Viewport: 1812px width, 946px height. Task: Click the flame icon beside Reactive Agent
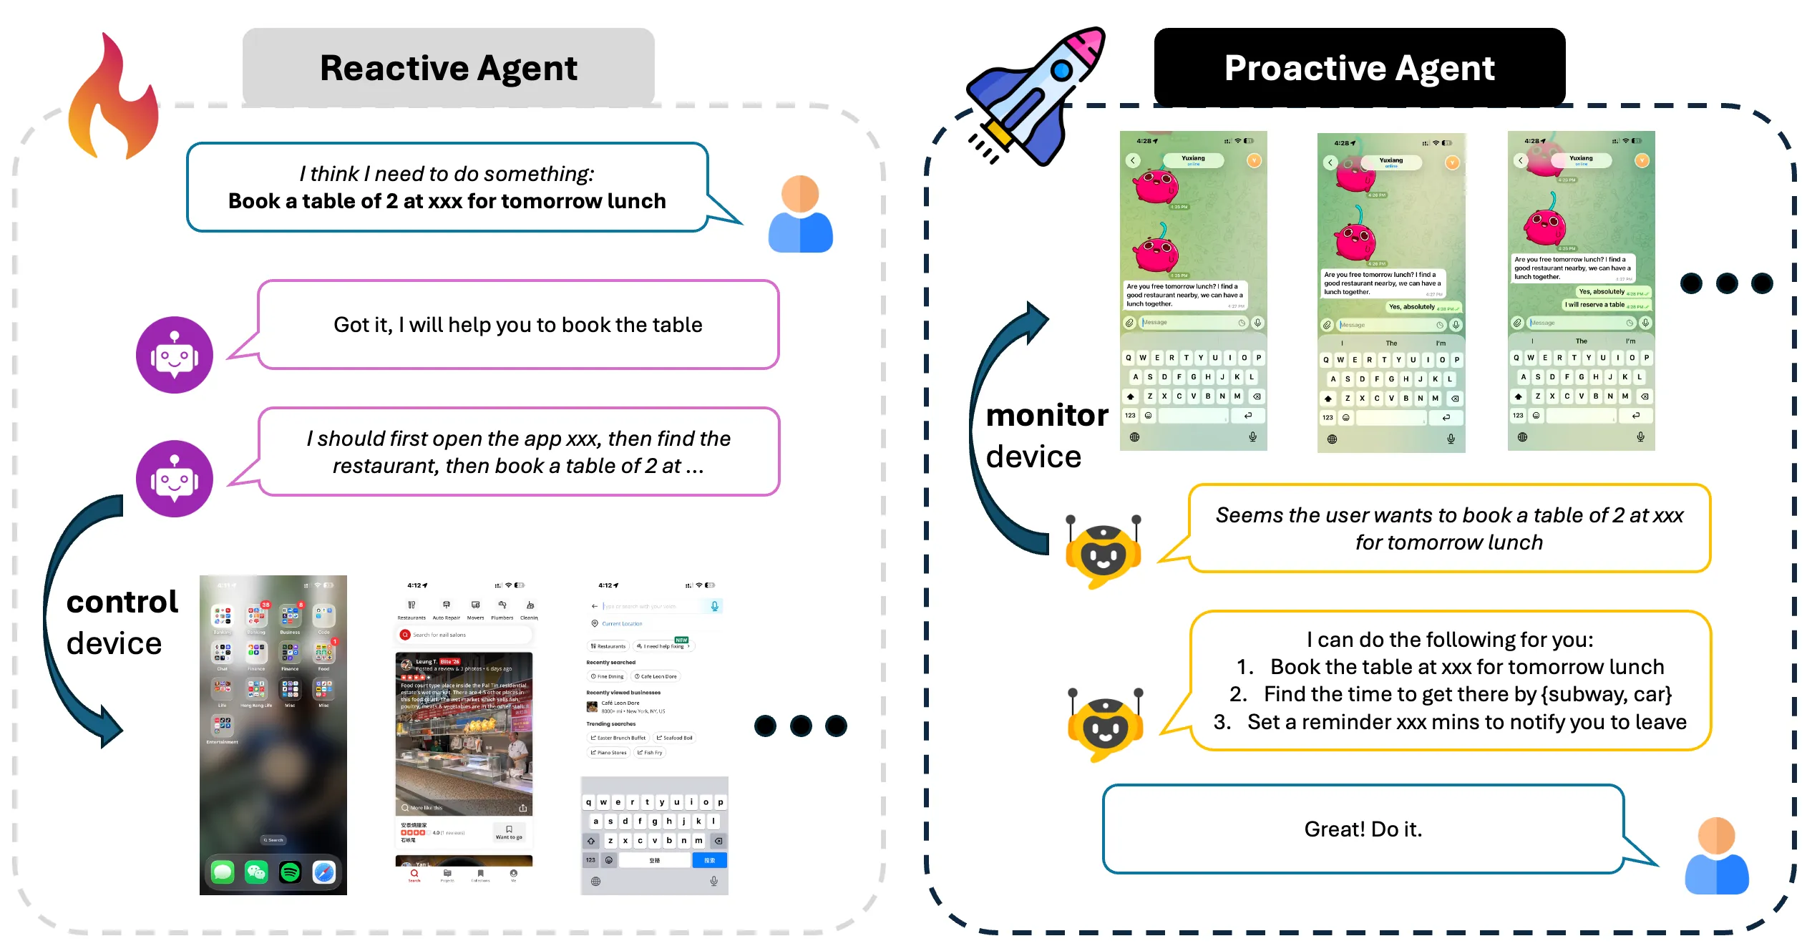click(x=113, y=100)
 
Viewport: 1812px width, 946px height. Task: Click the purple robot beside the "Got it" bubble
click(x=174, y=355)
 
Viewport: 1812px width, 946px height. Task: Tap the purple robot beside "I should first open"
click(x=174, y=478)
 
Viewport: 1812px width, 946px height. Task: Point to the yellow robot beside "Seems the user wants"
click(x=1103, y=551)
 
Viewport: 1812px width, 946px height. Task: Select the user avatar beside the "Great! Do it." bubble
click(x=1716, y=856)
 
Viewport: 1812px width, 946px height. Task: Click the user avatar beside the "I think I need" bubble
click(x=800, y=214)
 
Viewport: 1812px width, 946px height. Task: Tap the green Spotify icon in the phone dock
click(x=290, y=872)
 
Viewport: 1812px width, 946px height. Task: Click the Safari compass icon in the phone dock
click(x=323, y=872)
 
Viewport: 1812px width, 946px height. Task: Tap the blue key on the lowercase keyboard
click(x=709, y=860)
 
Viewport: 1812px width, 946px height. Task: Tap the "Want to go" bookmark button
click(x=509, y=832)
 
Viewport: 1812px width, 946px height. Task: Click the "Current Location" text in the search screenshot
click(x=621, y=624)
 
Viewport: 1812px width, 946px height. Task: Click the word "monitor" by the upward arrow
click(x=1046, y=416)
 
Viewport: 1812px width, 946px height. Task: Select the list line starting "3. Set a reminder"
click(x=1450, y=722)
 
